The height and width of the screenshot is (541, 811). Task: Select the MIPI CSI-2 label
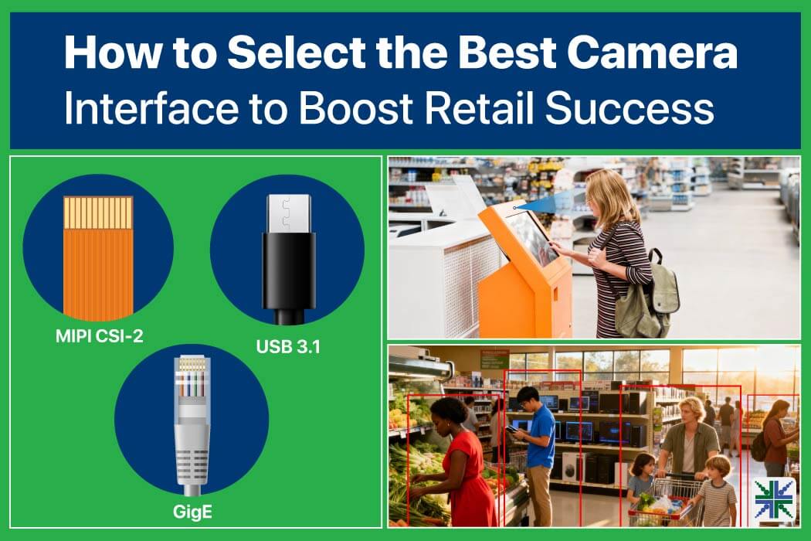[99, 336]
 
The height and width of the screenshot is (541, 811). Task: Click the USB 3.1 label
[288, 346]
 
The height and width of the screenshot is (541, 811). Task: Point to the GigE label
[192, 512]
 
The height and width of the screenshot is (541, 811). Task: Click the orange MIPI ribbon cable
[98, 257]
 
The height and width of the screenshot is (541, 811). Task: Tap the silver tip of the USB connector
[289, 214]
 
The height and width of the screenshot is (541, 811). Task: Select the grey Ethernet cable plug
[192, 422]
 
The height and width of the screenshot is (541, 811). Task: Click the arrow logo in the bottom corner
[774, 498]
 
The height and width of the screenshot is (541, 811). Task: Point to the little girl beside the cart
[641, 479]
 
